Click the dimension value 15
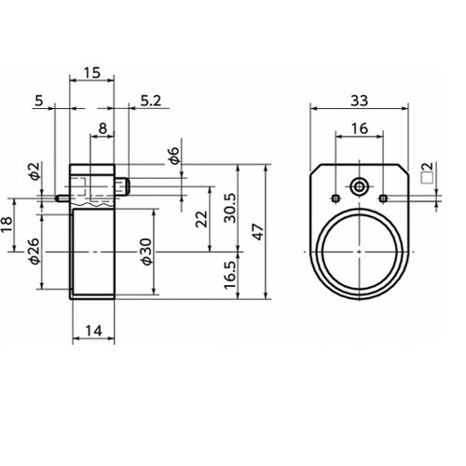pyautogui.click(x=92, y=73)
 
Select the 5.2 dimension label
pyautogui.click(x=151, y=101)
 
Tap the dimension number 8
pyautogui.click(x=103, y=129)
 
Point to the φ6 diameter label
pyautogui.click(x=174, y=156)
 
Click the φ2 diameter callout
pyautogui.click(x=35, y=171)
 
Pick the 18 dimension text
pyautogui.click(x=7, y=225)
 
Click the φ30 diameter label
pyautogui.click(x=146, y=252)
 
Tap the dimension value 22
pyautogui.click(x=201, y=219)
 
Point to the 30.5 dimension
pyautogui.click(x=230, y=208)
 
